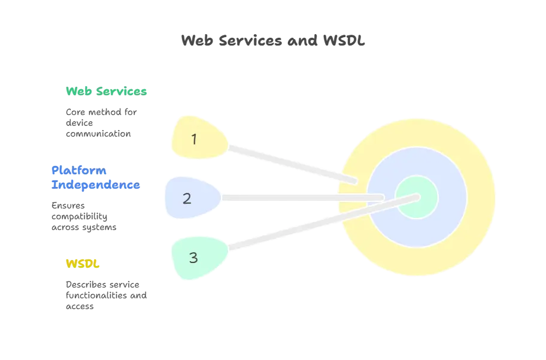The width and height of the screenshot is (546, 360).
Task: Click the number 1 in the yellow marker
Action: (x=194, y=139)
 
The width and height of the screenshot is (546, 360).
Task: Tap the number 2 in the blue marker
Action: (x=187, y=198)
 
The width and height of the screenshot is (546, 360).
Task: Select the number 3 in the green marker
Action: (x=193, y=258)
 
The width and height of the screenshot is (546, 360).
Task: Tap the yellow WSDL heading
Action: (x=82, y=263)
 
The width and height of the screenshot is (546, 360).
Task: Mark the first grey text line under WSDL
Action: (x=104, y=282)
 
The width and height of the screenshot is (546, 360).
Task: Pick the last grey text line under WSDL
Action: (x=79, y=307)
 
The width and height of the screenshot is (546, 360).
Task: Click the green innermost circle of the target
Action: (x=417, y=197)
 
